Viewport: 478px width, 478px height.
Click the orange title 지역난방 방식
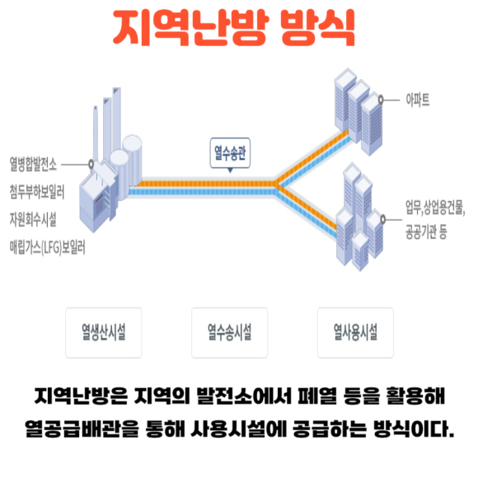click(234, 27)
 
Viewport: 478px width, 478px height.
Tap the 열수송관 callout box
click(230, 152)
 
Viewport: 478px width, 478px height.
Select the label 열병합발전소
click(33, 164)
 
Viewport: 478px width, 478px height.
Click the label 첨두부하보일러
click(37, 192)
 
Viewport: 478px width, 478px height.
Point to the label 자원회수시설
click(33, 219)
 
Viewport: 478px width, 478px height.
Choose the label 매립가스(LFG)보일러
click(47, 247)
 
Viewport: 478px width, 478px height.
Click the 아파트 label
click(418, 100)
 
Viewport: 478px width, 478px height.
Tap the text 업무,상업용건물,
click(435, 208)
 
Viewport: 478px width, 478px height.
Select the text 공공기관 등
click(426, 232)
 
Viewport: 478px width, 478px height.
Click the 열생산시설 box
click(104, 333)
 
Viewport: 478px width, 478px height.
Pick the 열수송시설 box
click(230, 333)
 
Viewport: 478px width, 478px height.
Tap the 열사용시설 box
click(355, 333)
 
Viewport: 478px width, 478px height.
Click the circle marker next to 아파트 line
click(381, 100)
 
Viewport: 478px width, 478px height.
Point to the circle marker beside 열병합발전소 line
click(91, 164)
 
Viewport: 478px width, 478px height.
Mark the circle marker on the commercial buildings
click(383, 219)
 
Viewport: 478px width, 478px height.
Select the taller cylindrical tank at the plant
click(133, 161)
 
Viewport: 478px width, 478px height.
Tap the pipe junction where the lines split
click(277, 186)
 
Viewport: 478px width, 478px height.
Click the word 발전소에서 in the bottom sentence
click(244, 396)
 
